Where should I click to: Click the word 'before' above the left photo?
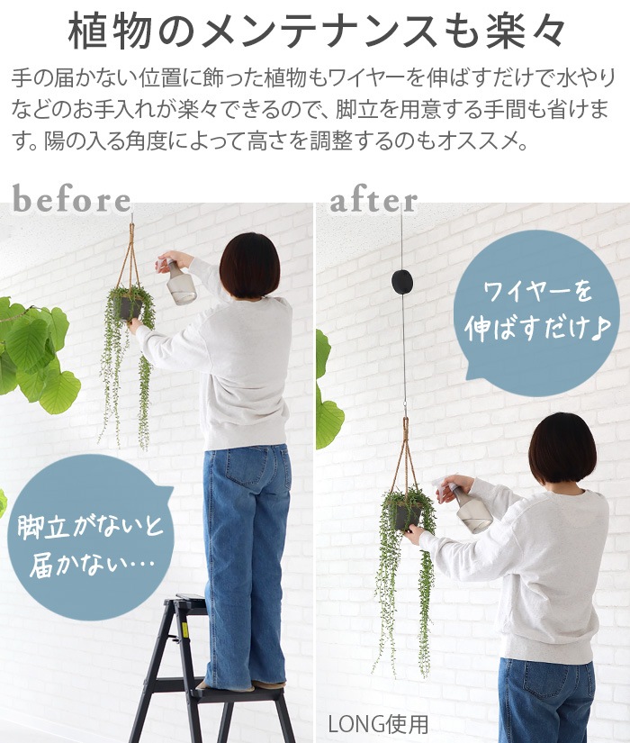71,200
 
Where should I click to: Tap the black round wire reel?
401,283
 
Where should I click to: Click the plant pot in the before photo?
128,307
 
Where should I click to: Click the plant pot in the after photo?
406,517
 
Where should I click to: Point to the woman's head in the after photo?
562,448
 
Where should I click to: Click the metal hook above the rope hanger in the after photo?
404,409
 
